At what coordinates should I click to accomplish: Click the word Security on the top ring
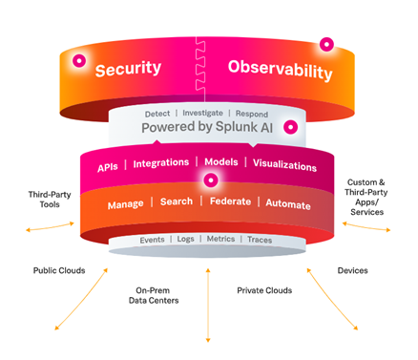click(x=127, y=69)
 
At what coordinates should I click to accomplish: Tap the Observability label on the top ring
click(x=280, y=71)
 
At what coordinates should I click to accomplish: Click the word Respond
click(x=254, y=113)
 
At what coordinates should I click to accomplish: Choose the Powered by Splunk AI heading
click(x=205, y=127)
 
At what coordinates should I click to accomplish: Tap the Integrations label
click(x=160, y=165)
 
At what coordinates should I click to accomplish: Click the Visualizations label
click(x=284, y=165)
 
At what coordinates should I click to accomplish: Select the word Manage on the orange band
click(x=126, y=203)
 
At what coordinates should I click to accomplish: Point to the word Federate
click(x=229, y=202)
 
